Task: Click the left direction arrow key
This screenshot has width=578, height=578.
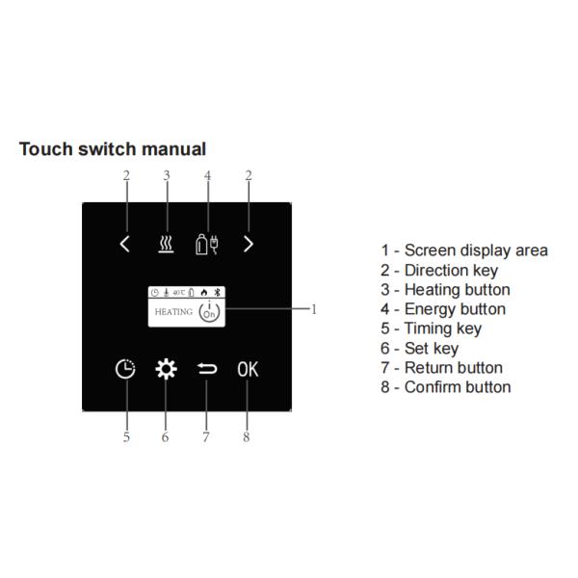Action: click(124, 244)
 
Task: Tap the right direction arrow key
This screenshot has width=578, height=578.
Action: click(249, 244)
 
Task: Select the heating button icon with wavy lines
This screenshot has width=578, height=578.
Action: click(166, 244)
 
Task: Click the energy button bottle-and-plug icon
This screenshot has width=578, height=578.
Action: click(207, 243)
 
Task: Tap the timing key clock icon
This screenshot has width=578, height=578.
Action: click(125, 370)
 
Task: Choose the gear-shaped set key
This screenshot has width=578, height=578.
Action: click(166, 370)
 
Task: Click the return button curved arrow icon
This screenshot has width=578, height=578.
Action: click(206, 370)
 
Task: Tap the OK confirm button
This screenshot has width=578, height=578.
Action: click(248, 370)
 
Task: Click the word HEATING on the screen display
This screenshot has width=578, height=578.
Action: click(173, 312)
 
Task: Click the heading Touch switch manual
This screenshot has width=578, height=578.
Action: click(112, 149)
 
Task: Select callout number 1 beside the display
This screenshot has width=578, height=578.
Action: click(313, 309)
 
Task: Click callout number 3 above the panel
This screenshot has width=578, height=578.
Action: click(166, 175)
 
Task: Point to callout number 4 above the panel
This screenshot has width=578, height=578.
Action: click(207, 175)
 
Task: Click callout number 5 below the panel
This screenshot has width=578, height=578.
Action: click(125, 436)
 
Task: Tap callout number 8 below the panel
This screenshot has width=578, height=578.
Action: click(247, 436)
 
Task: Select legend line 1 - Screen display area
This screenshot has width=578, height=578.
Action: click(463, 250)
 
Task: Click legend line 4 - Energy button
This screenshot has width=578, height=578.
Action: click(442, 309)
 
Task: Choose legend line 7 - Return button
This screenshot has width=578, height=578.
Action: click(441, 367)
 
